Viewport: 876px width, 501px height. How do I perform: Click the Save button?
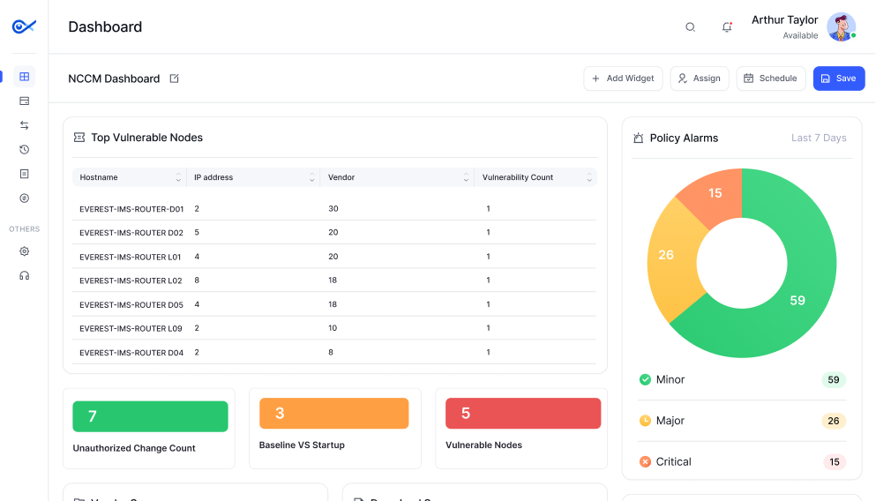[x=838, y=79]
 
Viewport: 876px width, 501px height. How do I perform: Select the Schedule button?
[x=770, y=79]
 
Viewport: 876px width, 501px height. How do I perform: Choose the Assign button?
[x=699, y=79]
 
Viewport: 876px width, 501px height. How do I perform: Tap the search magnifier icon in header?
[x=691, y=27]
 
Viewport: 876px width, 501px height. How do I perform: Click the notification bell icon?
[x=727, y=27]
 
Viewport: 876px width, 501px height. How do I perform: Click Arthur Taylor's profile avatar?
[x=841, y=27]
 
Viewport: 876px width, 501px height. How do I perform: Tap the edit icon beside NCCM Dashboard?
[x=174, y=79]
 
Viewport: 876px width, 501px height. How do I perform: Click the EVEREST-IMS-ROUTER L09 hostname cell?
[x=131, y=328]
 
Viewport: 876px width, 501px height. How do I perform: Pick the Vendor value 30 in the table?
[x=333, y=209]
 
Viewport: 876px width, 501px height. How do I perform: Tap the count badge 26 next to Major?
[x=833, y=421]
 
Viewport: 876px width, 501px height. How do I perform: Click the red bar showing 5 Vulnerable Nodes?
[x=522, y=414]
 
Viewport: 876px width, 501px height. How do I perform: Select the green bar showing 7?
[x=150, y=416]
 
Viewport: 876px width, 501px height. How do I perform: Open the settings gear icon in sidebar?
[x=24, y=251]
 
